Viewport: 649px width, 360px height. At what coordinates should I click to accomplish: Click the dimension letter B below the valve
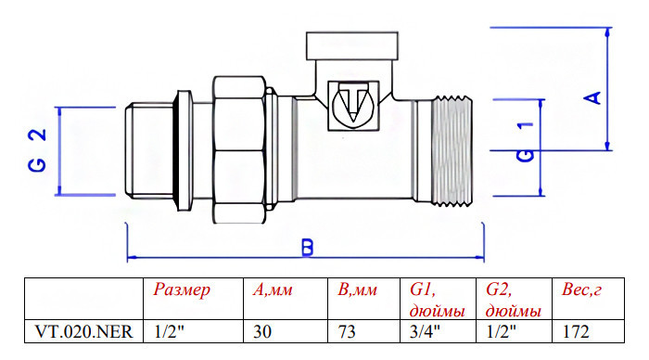pos(307,248)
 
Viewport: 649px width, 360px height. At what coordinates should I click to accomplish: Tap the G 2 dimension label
pos(37,150)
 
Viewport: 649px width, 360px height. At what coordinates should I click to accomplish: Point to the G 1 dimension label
pos(526,142)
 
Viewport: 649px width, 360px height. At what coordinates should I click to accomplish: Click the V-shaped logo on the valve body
pos(353,105)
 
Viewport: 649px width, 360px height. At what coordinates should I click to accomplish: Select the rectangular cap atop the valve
pos(351,45)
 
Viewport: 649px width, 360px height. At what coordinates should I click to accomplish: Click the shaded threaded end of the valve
pos(452,151)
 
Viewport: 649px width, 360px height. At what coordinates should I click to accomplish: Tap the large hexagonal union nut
pos(239,150)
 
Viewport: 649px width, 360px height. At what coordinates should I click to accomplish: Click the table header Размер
pos(182,290)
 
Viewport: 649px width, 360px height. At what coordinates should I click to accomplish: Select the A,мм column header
pos(273,290)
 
